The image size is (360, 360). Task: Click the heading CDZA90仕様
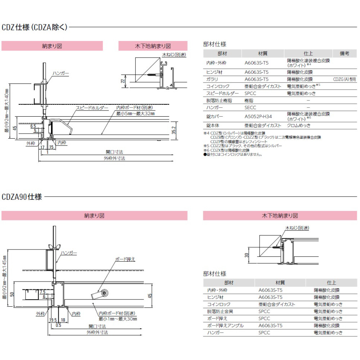[x=22, y=197]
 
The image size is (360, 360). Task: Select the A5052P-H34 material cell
[x=258, y=116]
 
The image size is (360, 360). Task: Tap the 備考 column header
[x=345, y=53]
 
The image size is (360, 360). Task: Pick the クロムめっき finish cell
[x=299, y=125]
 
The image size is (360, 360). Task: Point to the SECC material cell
[x=250, y=107]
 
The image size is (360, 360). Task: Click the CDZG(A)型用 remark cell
[x=345, y=79]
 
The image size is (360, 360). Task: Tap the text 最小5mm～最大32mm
[x=135, y=113]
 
